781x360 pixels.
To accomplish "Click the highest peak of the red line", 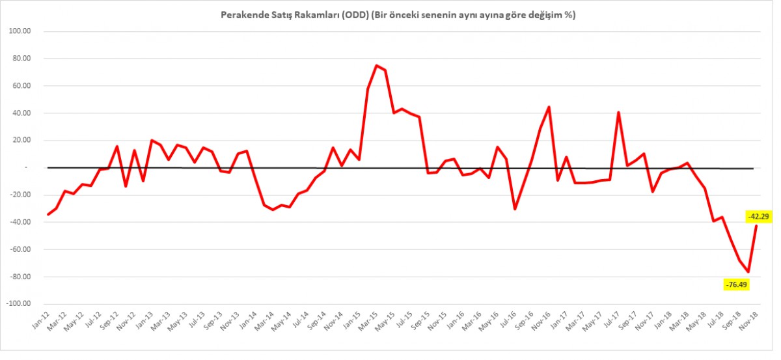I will click(x=376, y=65).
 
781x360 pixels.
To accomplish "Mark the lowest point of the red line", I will click(x=748, y=272).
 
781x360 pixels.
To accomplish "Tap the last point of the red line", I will click(x=756, y=225).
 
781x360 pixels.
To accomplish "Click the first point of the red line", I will click(x=48, y=214).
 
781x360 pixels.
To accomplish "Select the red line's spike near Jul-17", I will click(x=618, y=112).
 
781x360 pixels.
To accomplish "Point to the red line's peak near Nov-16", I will click(x=549, y=107).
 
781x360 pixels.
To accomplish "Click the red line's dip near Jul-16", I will click(x=515, y=209).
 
